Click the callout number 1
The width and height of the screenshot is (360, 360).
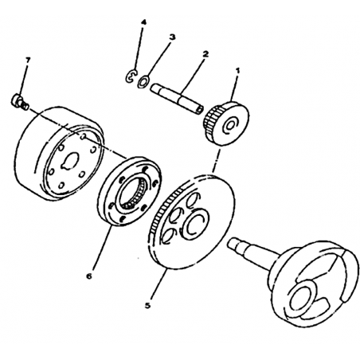tap(237, 71)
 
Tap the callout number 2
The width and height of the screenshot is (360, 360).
tap(205, 54)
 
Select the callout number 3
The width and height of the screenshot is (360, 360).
tap(172, 37)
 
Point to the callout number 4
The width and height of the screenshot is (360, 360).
tap(143, 22)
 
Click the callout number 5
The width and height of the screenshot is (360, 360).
tap(147, 305)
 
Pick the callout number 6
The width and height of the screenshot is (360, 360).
tap(89, 276)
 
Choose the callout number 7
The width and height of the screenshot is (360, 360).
tap(28, 60)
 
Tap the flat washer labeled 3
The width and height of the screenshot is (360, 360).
tap(143, 82)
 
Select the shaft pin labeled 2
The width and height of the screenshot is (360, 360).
tap(177, 99)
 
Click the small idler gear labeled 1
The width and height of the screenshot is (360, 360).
tap(226, 123)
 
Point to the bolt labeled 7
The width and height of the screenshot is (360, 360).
tap(20, 102)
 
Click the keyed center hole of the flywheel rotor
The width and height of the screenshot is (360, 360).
tap(70, 161)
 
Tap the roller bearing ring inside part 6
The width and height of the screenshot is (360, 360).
tap(133, 192)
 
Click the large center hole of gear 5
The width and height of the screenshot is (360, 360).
tap(194, 225)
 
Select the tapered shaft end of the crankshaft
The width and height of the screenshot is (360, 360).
tap(238, 245)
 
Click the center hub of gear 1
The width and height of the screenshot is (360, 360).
tap(229, 126)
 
